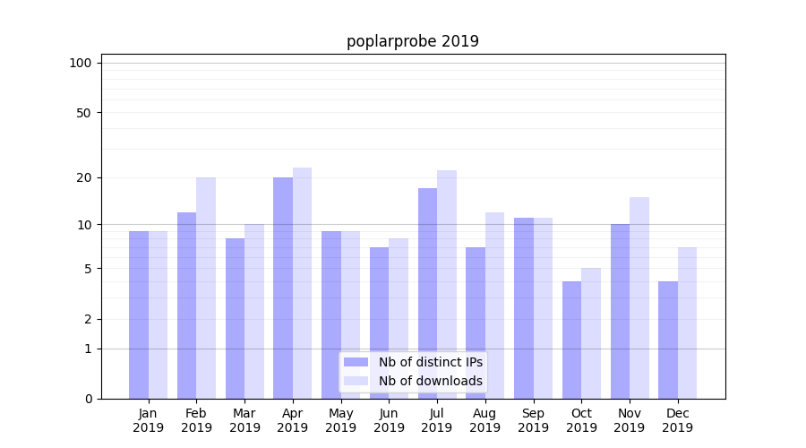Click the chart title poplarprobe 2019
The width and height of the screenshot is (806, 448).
413,41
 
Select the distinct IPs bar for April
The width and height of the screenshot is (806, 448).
283,288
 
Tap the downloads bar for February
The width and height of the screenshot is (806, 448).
206,288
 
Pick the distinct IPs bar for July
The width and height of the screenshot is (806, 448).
427,293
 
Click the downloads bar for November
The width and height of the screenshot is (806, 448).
639,297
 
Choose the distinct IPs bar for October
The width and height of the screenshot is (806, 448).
571,340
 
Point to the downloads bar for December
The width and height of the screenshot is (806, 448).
687,323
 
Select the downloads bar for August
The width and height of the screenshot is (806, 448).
495,306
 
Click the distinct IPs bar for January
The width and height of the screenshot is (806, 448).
139,314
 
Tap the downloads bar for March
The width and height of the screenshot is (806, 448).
254,311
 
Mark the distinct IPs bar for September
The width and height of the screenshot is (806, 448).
524,308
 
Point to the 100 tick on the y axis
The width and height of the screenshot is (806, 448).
81,63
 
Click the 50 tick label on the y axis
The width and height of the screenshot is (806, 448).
84,113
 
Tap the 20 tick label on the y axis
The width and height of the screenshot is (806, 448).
84,177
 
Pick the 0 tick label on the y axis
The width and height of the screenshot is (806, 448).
88,399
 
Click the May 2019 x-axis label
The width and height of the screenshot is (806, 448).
340,420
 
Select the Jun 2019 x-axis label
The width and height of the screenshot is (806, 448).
389,420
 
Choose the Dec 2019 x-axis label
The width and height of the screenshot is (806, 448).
677,420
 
